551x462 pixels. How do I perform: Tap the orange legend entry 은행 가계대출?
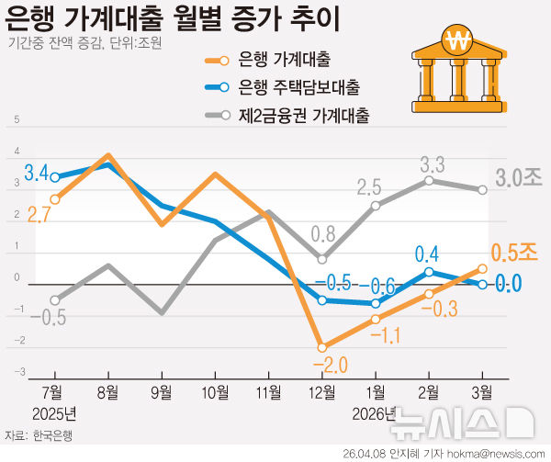tap(284, 62)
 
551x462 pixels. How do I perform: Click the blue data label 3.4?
tap(36, 172)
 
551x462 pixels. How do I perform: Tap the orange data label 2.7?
tap(37, 215)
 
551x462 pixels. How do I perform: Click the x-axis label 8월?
tap(109, 391)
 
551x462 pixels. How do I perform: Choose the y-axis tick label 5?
tap(15, 119)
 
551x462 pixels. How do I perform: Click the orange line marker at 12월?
tap(322, 347)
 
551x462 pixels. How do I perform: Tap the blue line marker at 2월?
tap(428, 272)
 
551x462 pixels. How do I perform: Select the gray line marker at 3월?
tap(482, 190)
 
